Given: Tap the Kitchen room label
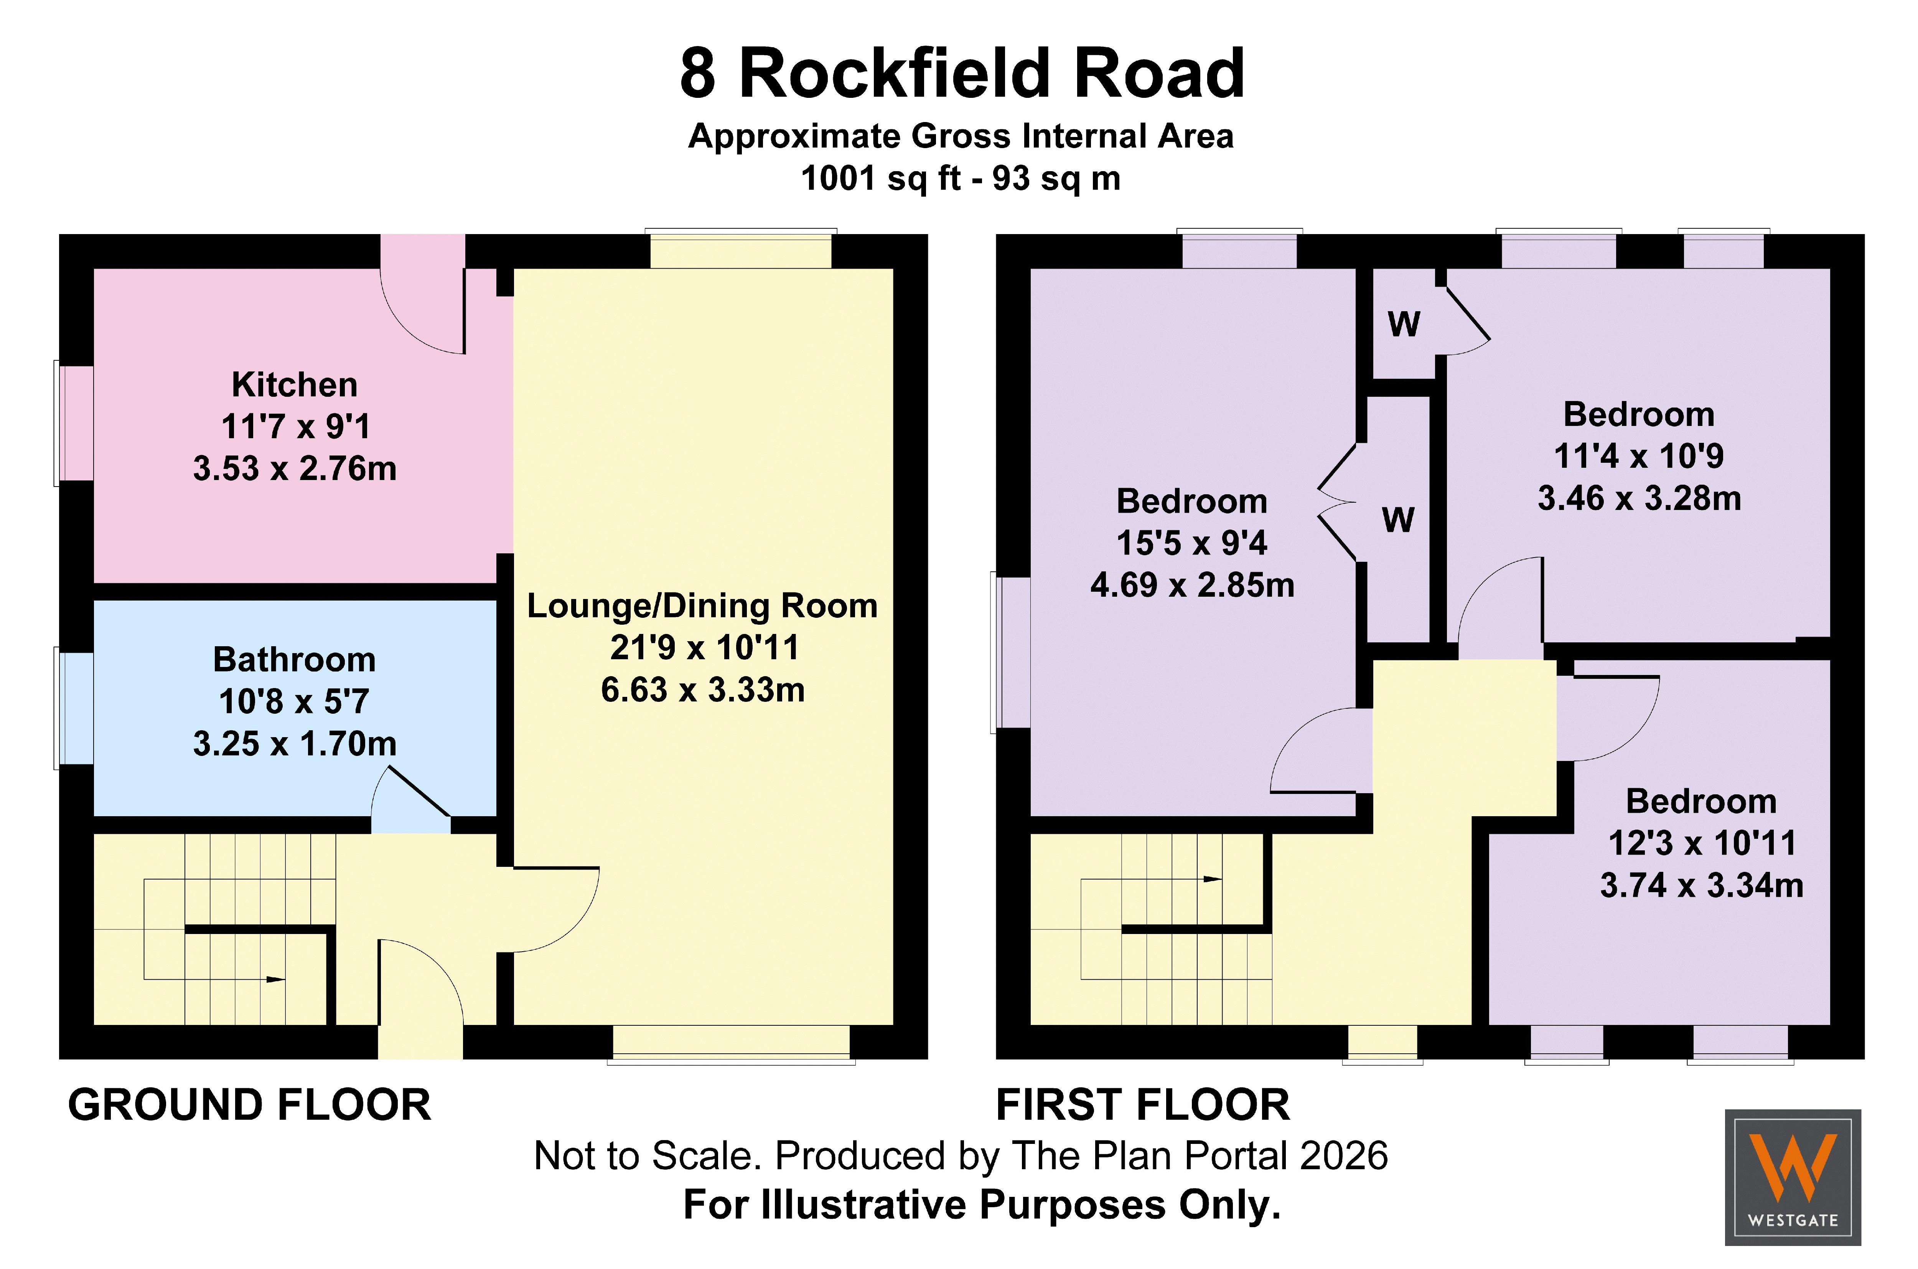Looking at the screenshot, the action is [x=295, y=384].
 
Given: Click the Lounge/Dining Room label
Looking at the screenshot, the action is [x=702, y=606].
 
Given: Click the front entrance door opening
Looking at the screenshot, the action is [x=421, y=1041].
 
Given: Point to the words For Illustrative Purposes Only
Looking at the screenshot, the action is [x=982, y=1204].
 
